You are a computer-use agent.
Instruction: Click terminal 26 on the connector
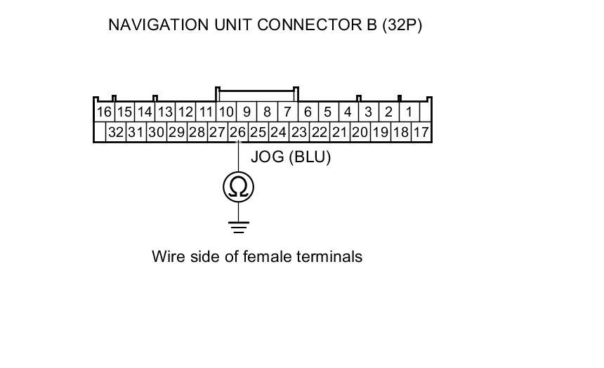pyautogui.click(x=238, y=132)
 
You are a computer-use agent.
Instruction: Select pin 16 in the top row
pyautogui.click(x=104, y=112)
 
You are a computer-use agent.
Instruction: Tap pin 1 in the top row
pyautogui.click(x=409, y=112)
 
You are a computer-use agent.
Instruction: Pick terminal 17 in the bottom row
pyautogui.click(x=421, y=132)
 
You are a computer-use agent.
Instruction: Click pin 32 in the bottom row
pyautogui.click(x=116, y=132)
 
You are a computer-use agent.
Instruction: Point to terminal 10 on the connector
pyautogui.click(x=225, y=112)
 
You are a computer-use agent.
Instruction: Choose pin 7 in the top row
pyautogui.click(x=287, y=112)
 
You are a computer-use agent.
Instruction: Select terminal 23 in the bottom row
pyautogui.click(x=299, y=132)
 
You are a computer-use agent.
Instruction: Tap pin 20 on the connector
pyautogui.click(x=360, y=132)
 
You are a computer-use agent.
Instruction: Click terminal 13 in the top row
pyautogui.click(x=165, y=112)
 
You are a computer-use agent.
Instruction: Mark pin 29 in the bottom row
pyautogui.click(x=177, y=132)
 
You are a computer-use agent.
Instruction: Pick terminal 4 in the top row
pyautogui.click(x=348, y=112)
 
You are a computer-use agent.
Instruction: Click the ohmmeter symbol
pyautogui.click(x=238, y=186)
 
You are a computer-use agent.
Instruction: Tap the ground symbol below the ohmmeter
pyautogui.click(x=238, y=226)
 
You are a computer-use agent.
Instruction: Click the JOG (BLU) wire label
pyautogui.click(x=290, y=157)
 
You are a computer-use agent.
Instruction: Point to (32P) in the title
pyautogui.click(x=402, y=25)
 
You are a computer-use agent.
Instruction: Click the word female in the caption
pyautogui.click(x=266, y=256)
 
